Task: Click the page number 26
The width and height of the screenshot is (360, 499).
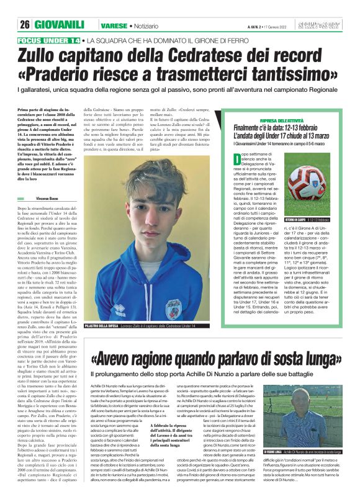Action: [x=25, y=24]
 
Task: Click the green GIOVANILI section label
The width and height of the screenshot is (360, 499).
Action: [x=59, y=24]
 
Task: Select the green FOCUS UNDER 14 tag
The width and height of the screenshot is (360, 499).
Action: [x=49, y=40]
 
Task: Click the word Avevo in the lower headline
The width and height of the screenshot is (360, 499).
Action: [x=116, y=360]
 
